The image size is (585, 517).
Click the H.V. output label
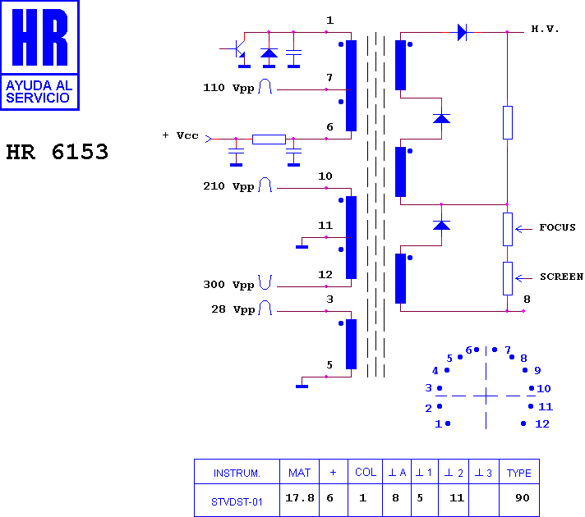pyautogui.click(x=545, y=29)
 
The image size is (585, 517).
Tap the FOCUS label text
pyautogui.click(x=557, y=227)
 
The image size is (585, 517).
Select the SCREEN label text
pyautogui.click(x=561, y=277)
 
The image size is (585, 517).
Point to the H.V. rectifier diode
pyautogui.click(x=462, y=33)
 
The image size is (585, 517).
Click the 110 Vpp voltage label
pyautogui.click(x=228, y=88)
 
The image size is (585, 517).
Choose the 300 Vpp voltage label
pyautogui.click(x=228, y=285)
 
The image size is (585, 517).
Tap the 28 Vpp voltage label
pyautogui.click(x=233, y=309)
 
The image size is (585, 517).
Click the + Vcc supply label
pyautogui.click(x=180, y=135)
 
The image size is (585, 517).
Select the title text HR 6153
pyautogui.click(x=57, y=152)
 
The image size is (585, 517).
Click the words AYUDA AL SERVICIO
pyautogui.click(x=39, y=91)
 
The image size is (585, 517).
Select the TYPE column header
pyautogui.click(x=519, y=473)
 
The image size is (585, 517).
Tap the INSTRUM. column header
pyautogui.click(x=237, y=474)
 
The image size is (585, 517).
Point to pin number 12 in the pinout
pyautogui.click(x=542, y=424)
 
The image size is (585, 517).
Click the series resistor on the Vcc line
pyautogui.click(x=269, y=140)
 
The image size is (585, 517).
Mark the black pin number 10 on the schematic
pyautogui.click(x=325, y=176)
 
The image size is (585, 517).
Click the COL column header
pyautogui.click(x=366, y=472)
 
